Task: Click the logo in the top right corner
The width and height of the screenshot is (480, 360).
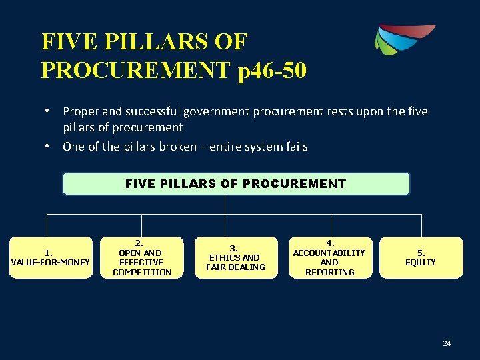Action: [404, 39]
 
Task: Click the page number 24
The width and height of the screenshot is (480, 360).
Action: [447, 343]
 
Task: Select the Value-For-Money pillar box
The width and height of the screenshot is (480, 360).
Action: [50, 257]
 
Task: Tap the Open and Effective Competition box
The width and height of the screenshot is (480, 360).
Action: [142, 257]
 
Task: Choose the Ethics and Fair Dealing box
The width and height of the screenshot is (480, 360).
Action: [235, 257]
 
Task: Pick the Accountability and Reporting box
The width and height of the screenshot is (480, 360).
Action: [329, 257]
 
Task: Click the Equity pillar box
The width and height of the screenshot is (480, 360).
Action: [421, 257]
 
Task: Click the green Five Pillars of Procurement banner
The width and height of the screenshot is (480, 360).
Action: [236, 184]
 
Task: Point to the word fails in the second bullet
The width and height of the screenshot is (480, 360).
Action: [295, 147]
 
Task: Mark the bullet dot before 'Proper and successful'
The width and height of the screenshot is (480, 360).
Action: [51, 111]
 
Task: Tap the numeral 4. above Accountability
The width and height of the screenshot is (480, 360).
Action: [330, 243]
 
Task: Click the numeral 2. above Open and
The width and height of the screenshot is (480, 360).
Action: [139, 243]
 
